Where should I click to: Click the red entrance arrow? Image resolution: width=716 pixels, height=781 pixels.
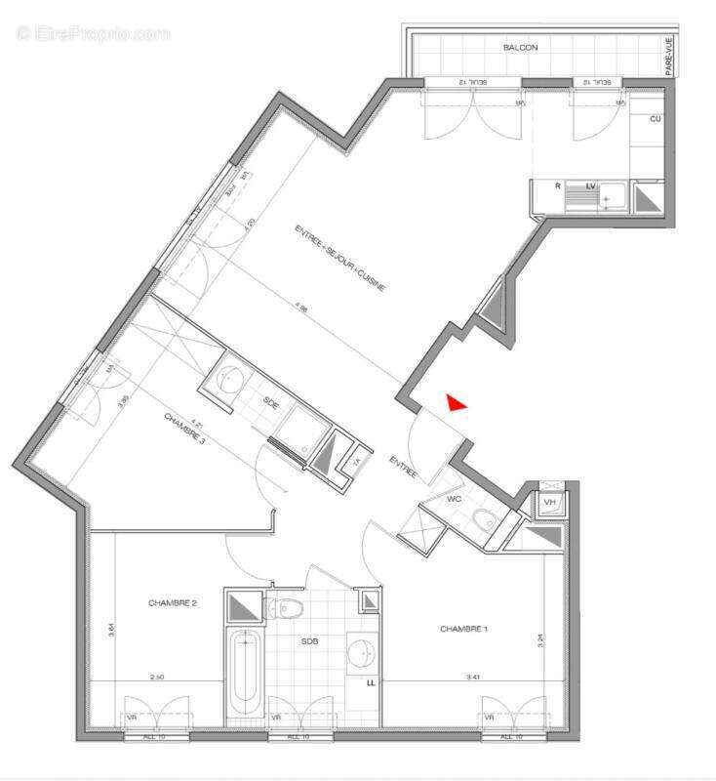pos(456,402)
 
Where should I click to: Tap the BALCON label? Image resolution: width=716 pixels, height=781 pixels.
pos(520,47)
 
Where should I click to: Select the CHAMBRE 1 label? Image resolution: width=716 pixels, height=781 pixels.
pos(463,629)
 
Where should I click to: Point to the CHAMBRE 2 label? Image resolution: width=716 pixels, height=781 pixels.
pos(173,603)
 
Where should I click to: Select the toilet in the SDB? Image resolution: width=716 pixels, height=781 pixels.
pos(288,608)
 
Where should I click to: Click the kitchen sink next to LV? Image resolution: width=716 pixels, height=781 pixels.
pos(611,198)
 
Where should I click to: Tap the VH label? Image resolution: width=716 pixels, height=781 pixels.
pos(550,502)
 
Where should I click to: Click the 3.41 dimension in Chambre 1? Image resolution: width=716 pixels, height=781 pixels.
pos(473,676)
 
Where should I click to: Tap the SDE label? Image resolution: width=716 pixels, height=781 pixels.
pos(270,402)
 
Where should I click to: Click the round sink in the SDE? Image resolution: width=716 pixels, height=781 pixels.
pos(231,377)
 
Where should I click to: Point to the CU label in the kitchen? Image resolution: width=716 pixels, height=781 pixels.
pos(656,118)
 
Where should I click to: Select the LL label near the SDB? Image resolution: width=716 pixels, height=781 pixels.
pos(370,683)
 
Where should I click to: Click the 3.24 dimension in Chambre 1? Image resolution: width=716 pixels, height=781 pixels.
pos(538,641)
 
